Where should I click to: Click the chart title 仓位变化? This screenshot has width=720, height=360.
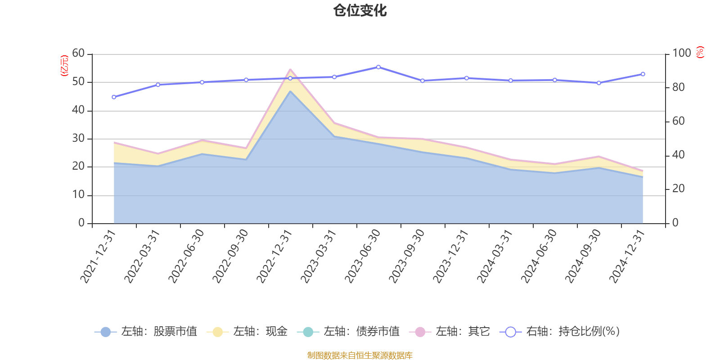tap(360, 10)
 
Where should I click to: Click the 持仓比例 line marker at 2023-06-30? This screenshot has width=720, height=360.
tap(378, 67)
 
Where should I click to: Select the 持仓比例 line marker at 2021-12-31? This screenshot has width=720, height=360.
tap(114, 97)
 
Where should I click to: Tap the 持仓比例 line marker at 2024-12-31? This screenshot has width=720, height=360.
tap(643, 74)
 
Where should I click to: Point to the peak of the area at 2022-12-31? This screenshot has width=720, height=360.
tap(290, 70)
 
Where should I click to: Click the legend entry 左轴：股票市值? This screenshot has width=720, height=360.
tap(146, 332)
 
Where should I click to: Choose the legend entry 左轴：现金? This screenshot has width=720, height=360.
tap(247, 332)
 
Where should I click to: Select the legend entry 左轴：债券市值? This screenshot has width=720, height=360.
tap(348, 332)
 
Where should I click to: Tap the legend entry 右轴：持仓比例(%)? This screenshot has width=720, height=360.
tap(560, 332)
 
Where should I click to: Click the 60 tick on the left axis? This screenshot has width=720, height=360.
tap(78, 54)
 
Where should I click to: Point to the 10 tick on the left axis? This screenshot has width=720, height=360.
tap(78, 195)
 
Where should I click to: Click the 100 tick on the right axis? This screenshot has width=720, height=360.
tap(681, 54)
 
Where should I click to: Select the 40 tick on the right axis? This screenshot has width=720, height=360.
tap(678, 155)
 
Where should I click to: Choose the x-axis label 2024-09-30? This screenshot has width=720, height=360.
tap(583, 256)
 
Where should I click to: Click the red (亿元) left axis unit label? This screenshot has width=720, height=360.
tap(64, 66)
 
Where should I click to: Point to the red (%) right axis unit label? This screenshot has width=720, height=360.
tap(700, 53)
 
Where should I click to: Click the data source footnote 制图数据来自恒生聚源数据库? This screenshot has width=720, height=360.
tap(360, 355)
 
